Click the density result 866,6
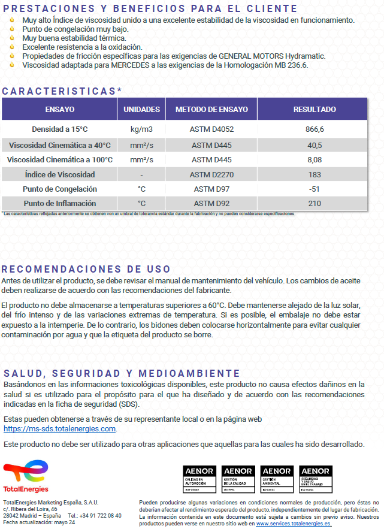[315, 129]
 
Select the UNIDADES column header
[141, 110]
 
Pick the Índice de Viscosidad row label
[60, 175]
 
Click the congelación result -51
[315, 189]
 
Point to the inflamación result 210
[315, 204]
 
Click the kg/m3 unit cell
[141, 129]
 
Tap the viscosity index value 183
[315, 175]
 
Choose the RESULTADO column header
[315, 110]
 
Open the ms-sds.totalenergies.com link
[60, 429]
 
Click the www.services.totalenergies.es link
[294, 523]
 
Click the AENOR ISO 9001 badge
[238, 480]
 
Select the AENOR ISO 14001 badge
[277, 480]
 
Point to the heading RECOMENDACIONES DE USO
[86, 270]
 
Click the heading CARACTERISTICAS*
[62, 91]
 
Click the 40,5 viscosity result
[315, 146]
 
